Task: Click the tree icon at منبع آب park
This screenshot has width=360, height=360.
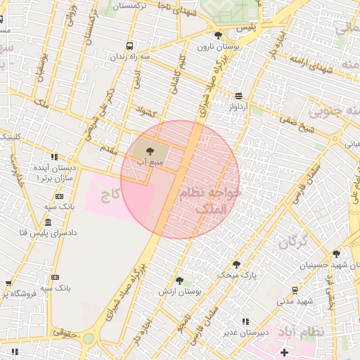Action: pyautogui.click(x=148, y=150)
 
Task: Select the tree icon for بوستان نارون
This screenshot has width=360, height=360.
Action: pyautogui.click(x=217, y=34)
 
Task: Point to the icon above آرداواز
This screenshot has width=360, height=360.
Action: pyautogui.click(x=239, y=96)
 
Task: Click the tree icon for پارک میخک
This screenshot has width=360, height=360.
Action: pyautogui.click(x=236, y=264)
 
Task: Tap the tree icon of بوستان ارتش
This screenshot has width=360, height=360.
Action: pyautogui.click(x=179, y=280)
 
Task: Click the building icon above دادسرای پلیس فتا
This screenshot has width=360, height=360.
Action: pyautogui.click(x=46, y=222)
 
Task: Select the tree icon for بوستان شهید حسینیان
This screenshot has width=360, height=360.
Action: pyautogui.click(x=337, y=255)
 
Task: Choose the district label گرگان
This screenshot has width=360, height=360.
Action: pyautogui.click(x=293, y=243)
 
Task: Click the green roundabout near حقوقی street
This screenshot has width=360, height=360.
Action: pyautogui.click(x=88, y=338)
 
